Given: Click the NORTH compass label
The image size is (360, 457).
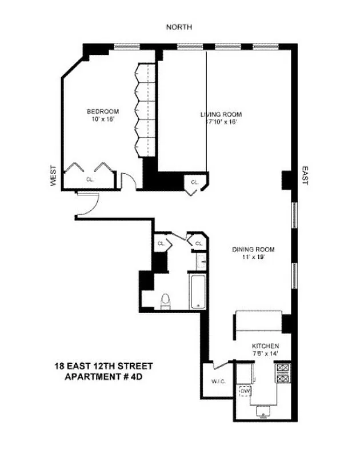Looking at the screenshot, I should pos(179,27).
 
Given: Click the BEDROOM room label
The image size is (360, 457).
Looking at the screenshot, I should pos(102,111).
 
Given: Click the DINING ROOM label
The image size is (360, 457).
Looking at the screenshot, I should pos(253,249).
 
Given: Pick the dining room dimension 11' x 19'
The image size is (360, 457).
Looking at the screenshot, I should pos(253,257).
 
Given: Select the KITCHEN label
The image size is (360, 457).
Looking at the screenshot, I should pos(266,346).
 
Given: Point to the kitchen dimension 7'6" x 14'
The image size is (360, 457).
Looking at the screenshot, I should pos(266,354).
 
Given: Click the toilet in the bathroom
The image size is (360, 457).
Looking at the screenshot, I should pos(166,300).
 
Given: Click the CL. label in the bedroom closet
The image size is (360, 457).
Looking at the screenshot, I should pos(90,179).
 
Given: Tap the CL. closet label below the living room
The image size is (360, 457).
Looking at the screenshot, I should pos(194,182).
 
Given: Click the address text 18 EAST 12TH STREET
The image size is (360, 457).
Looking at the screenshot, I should pos(103,366).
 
